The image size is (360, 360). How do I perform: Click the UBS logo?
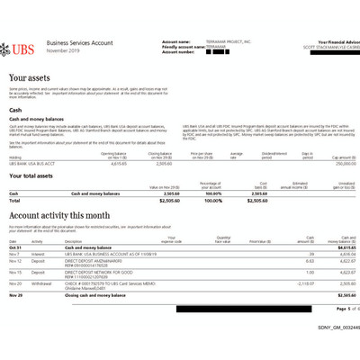click(26, 45)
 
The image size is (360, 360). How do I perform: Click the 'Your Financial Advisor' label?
click(337, 41)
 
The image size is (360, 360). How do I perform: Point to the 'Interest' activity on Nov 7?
click(39, 255)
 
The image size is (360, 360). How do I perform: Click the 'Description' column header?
click(70, 242)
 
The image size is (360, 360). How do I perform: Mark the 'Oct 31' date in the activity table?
click(14, 248)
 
